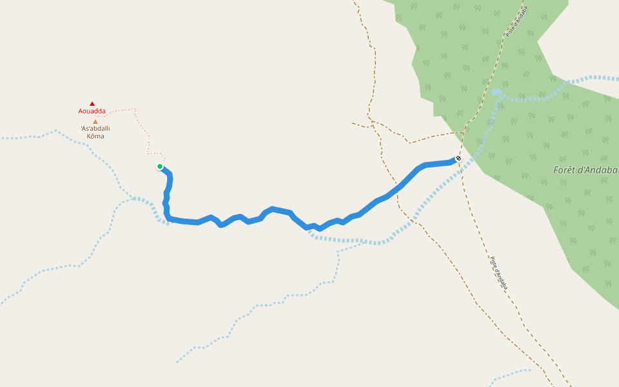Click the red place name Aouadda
pyautogui.click(x=92, y=111)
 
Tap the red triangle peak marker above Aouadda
pyautogui.click(x=92, y=103)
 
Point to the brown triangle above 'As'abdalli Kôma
pyautogui.click(x=95, y=121)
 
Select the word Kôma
pyautogui.click(x=95, y=136)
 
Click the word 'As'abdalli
pyautogui.click(x=95, y=128)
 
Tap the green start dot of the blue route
pyautogui.click(x=160, y=166)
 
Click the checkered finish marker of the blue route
pyautogui.click(x=458, y=158)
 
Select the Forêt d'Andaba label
pyautogui.click(x=585, y=170)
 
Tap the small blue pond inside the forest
pyautogui.click(x=496, y=92)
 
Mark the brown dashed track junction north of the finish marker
pyautogui.click(x=463, y=133)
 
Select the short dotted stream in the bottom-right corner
pyautogui.click(x=509, y=373)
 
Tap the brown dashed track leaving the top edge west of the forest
pyautogui.click(x=365, y=26)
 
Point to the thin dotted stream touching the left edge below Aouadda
pyautogui.click(x=26, y=137)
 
